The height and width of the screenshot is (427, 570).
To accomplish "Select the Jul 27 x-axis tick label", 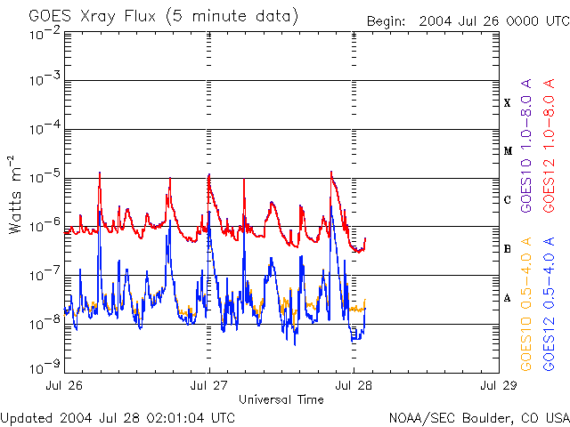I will (x=210, y=386).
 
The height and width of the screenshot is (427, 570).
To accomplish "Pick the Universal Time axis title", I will (x=281, y=399).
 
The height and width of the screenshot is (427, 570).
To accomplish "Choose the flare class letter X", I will (x=508, y=103).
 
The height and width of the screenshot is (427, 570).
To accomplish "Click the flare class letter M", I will (x=508, y=151).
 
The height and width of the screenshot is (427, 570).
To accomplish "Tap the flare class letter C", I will (x=508, y=200).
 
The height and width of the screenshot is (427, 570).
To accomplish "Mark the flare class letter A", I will (x=508, y=298).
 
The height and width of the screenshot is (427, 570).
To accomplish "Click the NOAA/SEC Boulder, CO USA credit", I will (x=479, y=417).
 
